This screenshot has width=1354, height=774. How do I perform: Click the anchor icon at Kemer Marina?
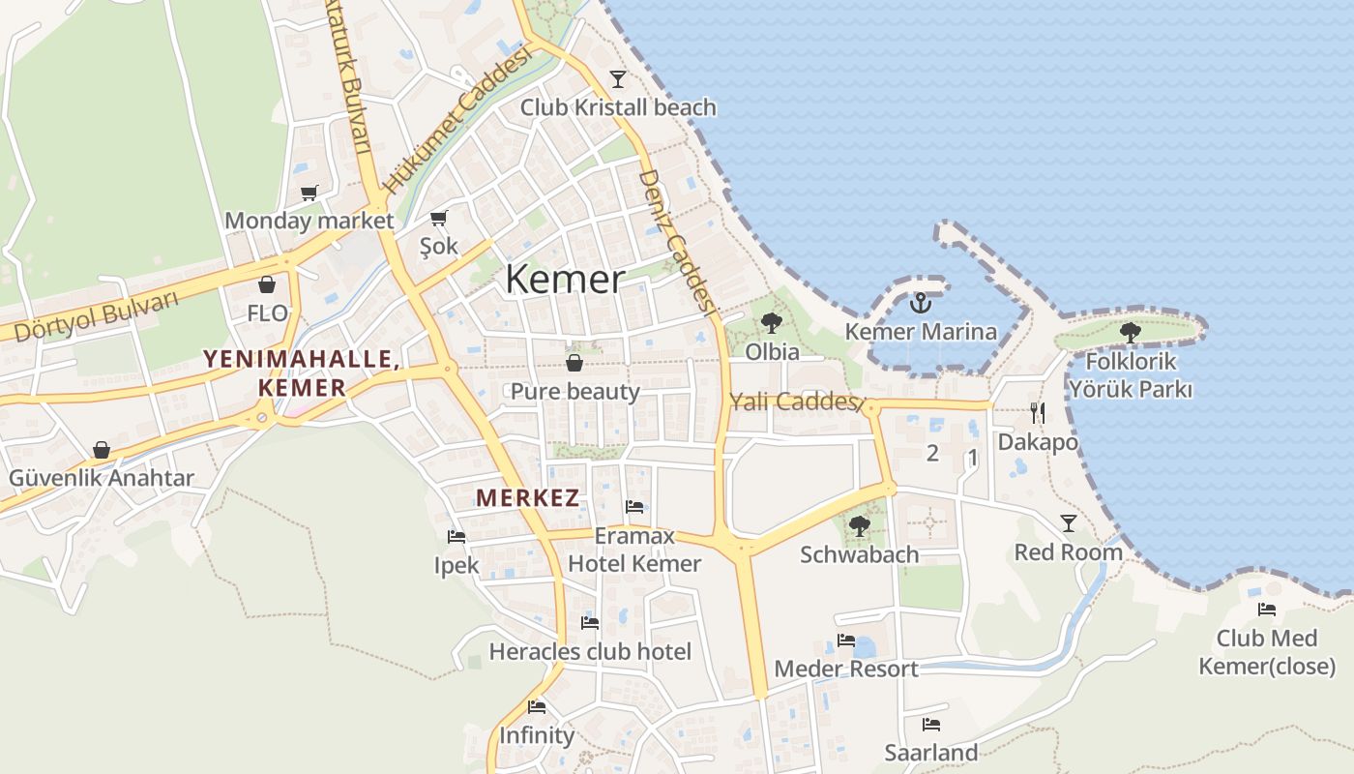pyautogui.click(x=921, y=303)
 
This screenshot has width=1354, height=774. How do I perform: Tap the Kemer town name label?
pyautogui.click(x=565, y=280)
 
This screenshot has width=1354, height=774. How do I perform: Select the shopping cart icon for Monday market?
pyautogui.click(x=309, y=193)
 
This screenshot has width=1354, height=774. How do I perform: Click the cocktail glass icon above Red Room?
pyautogui.click(x=1068, y=523)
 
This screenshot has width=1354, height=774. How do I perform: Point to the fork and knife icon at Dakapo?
pyautogui.click(x=1037, y=413)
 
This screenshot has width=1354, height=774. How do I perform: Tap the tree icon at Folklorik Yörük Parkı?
pyautogui.click(x=1130, y=333)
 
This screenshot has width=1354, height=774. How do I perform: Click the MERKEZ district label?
pyautogui.click(x=528, y=499)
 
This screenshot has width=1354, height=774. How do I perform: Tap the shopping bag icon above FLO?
pyautogui.click(x=267, y=284)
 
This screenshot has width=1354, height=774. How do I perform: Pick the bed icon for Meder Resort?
pyautogui.click(x=846, y=640)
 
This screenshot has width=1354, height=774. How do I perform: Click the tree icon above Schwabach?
pyautogui.click(x=859, y=526)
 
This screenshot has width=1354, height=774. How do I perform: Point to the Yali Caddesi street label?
pyautogui.click(x=793, y=402)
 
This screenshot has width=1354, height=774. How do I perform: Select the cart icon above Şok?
pyautogui.click(x=439, y=218)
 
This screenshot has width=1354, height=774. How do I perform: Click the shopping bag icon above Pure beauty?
pyautogui.click(x=574, y=363)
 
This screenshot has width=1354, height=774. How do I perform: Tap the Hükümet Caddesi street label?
pyautogui.click(x=457, y=121)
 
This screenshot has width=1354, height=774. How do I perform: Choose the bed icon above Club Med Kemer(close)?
pyautogui.click(x=1267, y=610)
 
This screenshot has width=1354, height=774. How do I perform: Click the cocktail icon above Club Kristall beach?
pyautogui.click(x=618, y=78)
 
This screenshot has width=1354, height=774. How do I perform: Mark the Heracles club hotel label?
pyautogui.click(x=590, y=652)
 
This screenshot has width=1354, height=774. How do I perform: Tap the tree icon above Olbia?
pyautogui.click(x=772, y=323)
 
